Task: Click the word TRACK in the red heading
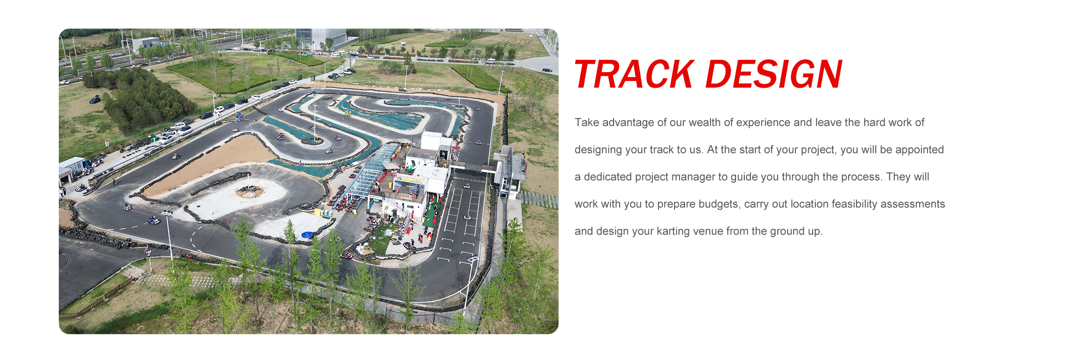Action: point(634,74)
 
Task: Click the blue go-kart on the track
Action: point(154,221)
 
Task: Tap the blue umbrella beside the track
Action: point(307,235)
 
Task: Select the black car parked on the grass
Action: point(95,100)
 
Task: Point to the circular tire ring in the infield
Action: point(250,192)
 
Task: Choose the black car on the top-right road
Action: point(547,70)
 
